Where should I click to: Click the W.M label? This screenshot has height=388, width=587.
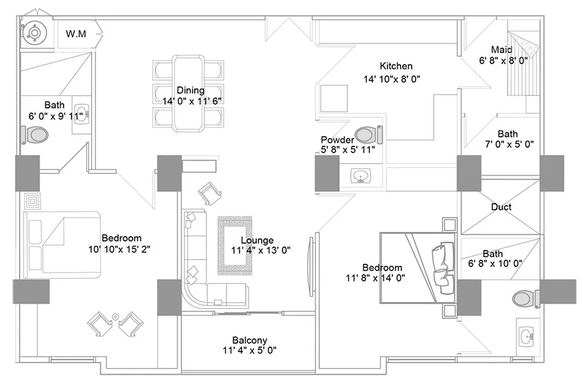(76, 34)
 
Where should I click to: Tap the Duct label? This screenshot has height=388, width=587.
(501, 207)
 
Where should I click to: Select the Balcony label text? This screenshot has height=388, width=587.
(250, 340)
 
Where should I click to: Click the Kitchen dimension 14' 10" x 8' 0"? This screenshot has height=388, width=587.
(392, 79)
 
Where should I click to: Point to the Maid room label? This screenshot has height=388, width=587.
(501, 50)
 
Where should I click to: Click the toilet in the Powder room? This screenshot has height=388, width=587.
(369, 135)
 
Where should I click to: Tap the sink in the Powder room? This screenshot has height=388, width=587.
(360, 175)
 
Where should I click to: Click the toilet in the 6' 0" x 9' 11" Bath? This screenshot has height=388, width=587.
(35, 135)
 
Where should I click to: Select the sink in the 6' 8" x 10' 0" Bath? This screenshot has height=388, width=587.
(528, 336)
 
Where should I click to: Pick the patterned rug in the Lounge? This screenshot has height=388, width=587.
(235, 246)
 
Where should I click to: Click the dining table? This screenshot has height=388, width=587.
(189, 93)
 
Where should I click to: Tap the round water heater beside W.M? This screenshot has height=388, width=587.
(35, 33)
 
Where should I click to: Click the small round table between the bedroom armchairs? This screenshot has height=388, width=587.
(116, 317)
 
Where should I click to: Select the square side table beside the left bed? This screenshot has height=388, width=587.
(32, 202)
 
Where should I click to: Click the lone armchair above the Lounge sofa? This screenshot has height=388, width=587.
(210, 193)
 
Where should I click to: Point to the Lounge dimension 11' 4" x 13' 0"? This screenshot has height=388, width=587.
(261, 251)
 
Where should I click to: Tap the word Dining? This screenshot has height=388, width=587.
(191, 90)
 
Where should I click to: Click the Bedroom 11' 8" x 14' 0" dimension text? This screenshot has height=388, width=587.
(375, 278)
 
